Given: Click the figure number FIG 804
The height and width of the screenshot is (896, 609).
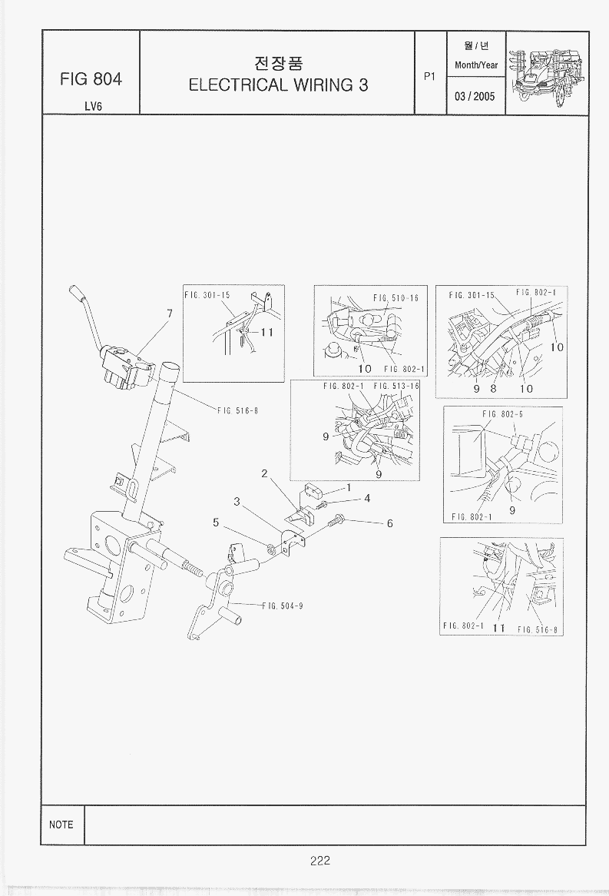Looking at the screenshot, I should point(91,78).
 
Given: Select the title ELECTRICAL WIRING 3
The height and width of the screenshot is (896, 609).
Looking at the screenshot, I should point(278,85).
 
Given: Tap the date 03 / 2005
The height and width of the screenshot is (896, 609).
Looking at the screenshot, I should point(475,96).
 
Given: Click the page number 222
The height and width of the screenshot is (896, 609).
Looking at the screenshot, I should point(320,861).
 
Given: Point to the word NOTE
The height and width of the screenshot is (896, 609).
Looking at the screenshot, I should point(61,825).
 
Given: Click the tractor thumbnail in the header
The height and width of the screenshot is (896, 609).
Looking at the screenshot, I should point(547,73).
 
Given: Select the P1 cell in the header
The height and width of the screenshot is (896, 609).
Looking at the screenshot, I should point(430,76).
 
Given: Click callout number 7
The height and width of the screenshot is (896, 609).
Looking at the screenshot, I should point(169,314).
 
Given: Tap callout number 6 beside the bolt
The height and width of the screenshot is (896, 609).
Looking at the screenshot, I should point(390,523).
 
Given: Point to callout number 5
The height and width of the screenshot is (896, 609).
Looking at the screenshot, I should point(217,523).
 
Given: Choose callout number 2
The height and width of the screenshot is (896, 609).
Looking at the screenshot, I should point(264,473).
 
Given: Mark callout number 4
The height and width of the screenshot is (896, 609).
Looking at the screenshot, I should point(368,498).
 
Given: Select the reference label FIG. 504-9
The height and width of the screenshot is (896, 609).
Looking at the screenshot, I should point(283,606).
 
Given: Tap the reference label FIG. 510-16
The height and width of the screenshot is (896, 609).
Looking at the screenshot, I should point(396,298).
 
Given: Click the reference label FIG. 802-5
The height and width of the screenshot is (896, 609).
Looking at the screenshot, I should point(498,414).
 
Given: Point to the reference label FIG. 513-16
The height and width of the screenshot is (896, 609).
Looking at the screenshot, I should point(396,386).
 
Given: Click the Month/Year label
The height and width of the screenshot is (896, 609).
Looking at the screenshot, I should point(476,65).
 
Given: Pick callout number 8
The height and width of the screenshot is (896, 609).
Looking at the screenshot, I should point(493,388).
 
